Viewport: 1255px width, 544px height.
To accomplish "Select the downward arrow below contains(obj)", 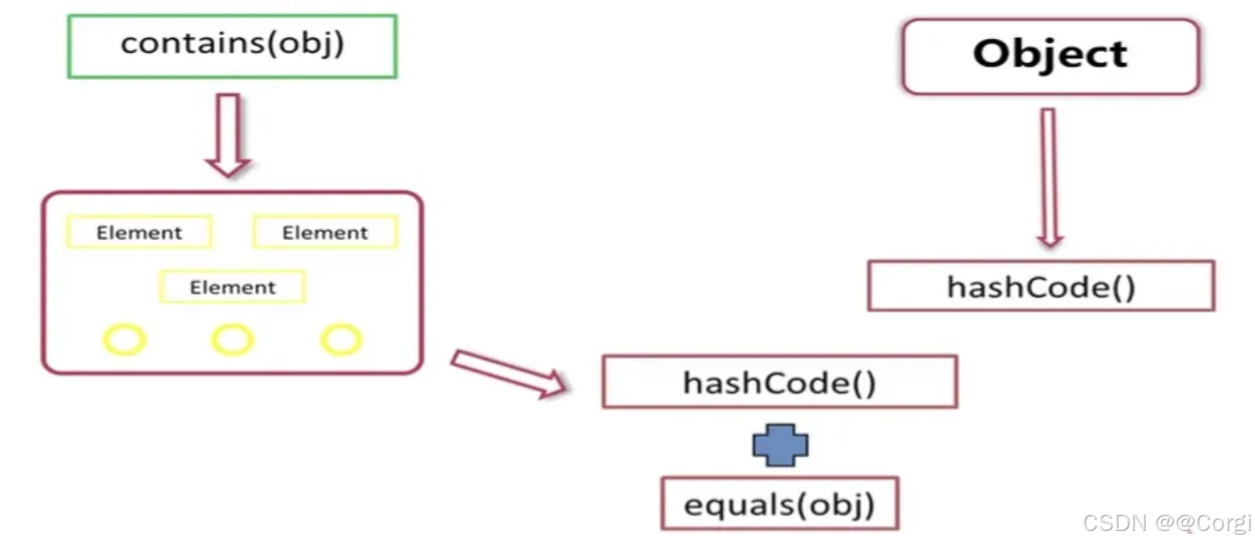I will tap(227, 135).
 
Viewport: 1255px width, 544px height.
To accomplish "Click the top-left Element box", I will tap(139, 233).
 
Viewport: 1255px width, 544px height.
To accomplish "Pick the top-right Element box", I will tap(325, 233).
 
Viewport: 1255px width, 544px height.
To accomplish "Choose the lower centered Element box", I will tap(233, 287).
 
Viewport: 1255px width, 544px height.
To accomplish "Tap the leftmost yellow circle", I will tap(124, 340).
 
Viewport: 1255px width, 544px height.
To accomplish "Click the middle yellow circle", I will tap(233, 340).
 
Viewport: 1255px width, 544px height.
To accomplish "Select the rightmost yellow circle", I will tap(340, 340).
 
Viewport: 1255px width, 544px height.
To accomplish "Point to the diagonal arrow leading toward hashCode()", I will tap(509, 373).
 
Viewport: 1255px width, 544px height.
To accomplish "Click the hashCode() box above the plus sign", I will tap(779, 383).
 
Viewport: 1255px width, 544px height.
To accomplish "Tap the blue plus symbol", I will tap(780, 446).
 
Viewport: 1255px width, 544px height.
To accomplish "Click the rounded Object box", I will tap(1050, 56).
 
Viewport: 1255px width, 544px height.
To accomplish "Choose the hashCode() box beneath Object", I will tap(1041, 286).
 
